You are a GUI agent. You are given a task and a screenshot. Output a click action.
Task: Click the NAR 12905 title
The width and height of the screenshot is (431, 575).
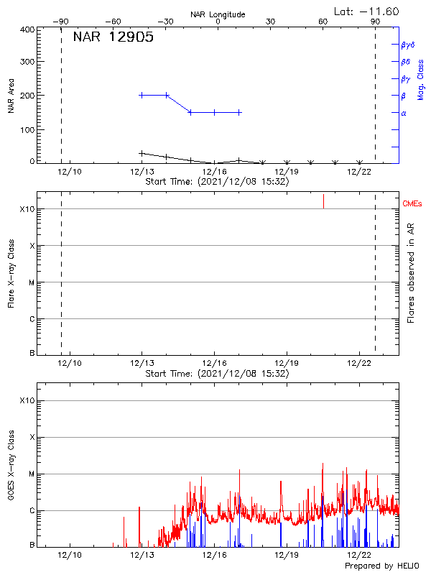coord(113,37)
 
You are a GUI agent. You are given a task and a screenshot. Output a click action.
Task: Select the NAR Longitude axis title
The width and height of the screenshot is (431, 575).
coord(218,14)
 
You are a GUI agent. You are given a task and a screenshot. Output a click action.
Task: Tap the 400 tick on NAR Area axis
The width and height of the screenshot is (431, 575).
coord(28,29)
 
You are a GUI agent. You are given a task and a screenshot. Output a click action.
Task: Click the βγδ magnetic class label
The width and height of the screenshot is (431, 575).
coord(408,45)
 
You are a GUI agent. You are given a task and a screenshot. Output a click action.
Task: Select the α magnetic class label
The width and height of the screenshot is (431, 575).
coord(404,113)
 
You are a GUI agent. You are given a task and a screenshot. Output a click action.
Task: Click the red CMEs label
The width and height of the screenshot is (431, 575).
coord(412,204)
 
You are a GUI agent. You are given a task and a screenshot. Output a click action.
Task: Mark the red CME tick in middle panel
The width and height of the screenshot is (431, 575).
coord(323,201)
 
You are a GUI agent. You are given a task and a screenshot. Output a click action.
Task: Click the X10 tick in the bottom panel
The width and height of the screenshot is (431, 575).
coord(27,400)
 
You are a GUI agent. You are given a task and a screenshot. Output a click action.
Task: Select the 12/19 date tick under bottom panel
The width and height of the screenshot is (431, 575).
coord(287,555)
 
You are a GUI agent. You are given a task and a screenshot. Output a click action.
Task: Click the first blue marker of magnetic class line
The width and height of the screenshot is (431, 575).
coord(142,95)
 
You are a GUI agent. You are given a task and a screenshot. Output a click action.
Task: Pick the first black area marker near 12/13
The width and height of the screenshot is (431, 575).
coord(142,153)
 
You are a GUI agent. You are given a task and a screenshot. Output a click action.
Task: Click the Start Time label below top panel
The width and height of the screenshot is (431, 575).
coord(217,182)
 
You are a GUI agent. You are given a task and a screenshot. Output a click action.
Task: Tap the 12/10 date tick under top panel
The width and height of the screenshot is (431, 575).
coord(70,172)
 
